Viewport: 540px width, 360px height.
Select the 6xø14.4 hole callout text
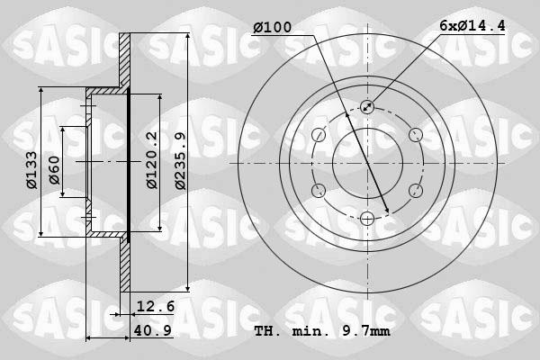pyautogui.click(x=472, y=28)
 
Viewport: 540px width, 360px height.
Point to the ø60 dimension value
pyautogui.click(x=54, y=169)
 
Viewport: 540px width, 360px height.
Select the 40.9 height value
pyautogui.click(x=154, y=329)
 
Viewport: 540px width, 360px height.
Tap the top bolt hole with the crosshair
pyautogui.click(x=366, y=107)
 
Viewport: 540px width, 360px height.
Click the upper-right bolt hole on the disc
pyautogui.click(x=414, y=135)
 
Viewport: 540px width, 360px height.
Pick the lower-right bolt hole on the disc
pyautogui.click(x=414, y=190)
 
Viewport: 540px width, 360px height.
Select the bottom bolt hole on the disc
pyautogui.click(x=366, y=218)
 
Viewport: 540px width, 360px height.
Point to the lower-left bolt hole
pyautogui.click(x=319, y=190)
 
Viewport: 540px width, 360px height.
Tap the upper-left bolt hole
pyautogui.click(x=319, y=135)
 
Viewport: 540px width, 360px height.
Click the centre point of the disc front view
pyautogui.click(x=366, y=163)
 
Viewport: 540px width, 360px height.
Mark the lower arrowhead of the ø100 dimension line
pyautogui.click(x=386, y=212)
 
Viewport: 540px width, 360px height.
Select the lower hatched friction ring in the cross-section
pyautogui.click(x=125, y=266)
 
